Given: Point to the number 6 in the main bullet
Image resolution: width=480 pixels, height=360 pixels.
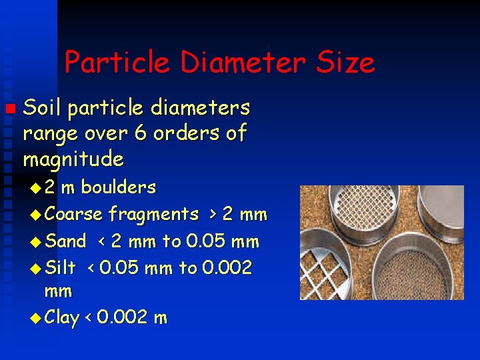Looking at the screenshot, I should pos(141,133).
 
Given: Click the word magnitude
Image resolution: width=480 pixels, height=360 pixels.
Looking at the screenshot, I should pos(73,160).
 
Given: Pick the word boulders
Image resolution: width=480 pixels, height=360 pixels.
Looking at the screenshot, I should pos(117,187).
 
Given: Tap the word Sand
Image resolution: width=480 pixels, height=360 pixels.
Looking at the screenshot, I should pos(66,241).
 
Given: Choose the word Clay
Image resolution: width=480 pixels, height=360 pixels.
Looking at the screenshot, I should pos(64,317).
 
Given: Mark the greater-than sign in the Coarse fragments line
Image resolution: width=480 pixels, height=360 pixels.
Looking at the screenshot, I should pos(212,214).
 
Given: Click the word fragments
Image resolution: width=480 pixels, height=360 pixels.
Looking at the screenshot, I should pos(154,215).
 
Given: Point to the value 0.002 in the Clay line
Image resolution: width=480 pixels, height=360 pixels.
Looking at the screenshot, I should pos(123,317).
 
